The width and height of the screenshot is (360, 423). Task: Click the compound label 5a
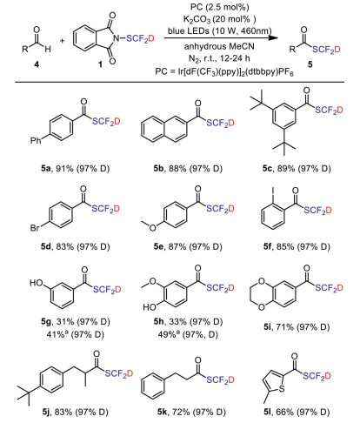(x=46, y=168)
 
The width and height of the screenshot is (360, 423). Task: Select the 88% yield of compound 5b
(x=177, y=168)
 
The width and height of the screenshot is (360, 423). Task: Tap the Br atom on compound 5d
(x=35, y=228)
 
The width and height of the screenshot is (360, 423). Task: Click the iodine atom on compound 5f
(x=273, y=192)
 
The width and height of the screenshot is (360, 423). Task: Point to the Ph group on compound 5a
(x=36, y=141)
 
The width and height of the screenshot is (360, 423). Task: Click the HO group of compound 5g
(x=37, y=283)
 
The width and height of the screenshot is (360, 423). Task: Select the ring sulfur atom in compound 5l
(x=281, y=388)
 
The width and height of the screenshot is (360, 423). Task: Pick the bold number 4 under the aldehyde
(x=37, y=64)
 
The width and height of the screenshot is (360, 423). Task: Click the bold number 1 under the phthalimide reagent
(x=100, y=64)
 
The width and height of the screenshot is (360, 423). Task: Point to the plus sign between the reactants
(x=62, y=41)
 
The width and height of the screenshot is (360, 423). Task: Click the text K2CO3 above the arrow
(x=197, y=19)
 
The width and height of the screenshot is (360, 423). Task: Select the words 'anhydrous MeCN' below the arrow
(x=219, y=46)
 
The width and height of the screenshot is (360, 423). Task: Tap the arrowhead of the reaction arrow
(x=271, y=37)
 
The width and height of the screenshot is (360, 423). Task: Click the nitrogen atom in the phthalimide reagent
(x=117, y=38)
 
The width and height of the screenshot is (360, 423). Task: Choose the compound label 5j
(x=46, y=412)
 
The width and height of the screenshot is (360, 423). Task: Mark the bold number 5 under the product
(x=310, y=64)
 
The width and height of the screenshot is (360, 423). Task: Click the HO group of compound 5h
(x=150, y=307)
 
